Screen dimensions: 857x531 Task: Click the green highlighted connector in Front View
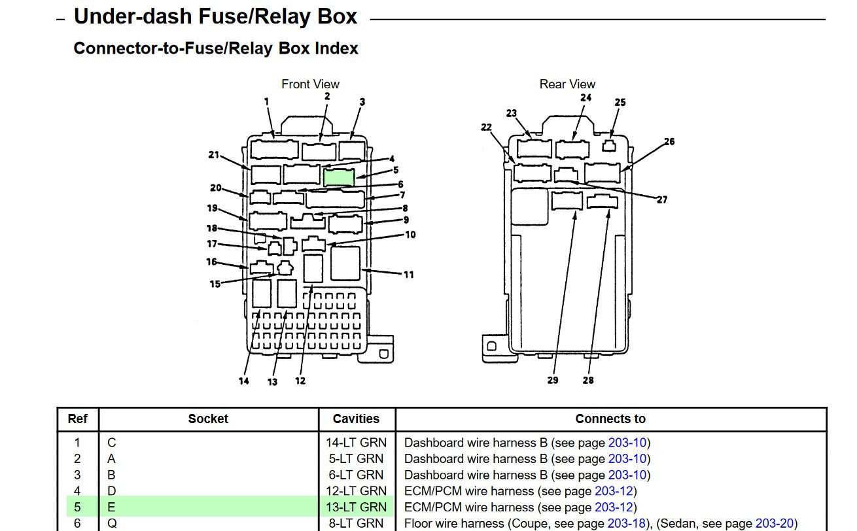pyautogui.click(x=339, y=177)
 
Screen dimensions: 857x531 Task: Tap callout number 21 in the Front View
pyautogui.click(x=213, y=155)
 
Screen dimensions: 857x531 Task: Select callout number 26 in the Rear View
pyautogui.click(x=669, y=141)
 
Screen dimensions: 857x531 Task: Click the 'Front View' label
pyautogui.click(x=310, y=84)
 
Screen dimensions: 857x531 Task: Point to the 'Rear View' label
pyautogui.click(x=567, y=84)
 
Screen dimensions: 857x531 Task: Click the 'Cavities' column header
pyautogui.click(x=356, y=419)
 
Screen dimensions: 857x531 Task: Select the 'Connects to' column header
pyautogui.click(x=610, y=419)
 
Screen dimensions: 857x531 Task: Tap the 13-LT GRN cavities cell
pyautogui.click(x=356, y=507)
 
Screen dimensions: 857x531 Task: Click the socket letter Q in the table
pyautogui.click(x=112, y=523)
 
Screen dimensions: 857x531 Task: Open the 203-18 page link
pyautogui.click(x=626, y=523)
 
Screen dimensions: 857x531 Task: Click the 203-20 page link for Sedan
pyautogui.click(x=774, y=523)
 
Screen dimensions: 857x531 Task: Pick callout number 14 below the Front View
pyautogui.click(x=244, y=381)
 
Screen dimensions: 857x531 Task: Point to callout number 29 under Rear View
pyautogui.click(x=553, y=381)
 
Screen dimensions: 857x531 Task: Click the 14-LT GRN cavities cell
pyautogui.click(x=356, y=443)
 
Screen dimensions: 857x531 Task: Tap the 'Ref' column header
pyautogui.click(x=78, y=419)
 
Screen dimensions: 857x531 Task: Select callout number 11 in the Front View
pyautogui.click(x=409, y=275)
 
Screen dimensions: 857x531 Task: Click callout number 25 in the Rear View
pyautogui.click(x=620, y=103)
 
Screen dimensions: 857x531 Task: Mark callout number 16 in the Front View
pyautogui.click(x=211, y=262)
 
